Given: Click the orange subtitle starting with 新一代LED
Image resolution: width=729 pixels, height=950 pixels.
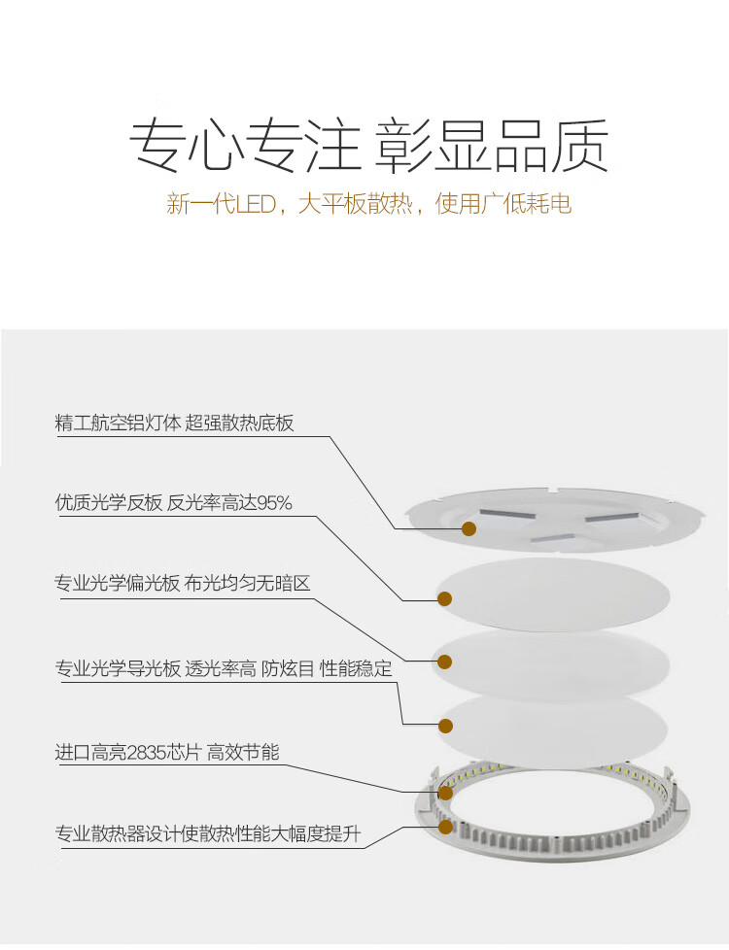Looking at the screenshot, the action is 368,205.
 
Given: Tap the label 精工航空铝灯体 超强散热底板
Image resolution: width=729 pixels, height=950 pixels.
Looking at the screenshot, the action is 174,424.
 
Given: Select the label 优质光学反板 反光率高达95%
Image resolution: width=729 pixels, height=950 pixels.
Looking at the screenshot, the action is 173,503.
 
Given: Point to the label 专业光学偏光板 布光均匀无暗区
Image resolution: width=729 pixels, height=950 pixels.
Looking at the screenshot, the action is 182,584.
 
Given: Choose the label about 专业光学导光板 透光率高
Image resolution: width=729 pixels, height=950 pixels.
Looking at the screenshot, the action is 224,669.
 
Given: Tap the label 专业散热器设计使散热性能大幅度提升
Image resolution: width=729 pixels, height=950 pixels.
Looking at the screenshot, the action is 208,834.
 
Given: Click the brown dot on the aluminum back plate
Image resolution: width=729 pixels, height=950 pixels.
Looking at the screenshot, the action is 469,528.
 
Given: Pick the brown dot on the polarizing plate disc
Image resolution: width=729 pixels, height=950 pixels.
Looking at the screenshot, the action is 444,662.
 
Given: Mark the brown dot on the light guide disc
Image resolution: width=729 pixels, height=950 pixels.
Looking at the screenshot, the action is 446,726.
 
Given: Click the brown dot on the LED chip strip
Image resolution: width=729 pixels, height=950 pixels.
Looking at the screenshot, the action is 445,793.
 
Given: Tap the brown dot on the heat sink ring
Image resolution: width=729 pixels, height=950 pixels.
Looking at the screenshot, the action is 446,828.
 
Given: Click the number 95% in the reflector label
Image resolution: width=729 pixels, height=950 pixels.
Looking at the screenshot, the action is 274,503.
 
